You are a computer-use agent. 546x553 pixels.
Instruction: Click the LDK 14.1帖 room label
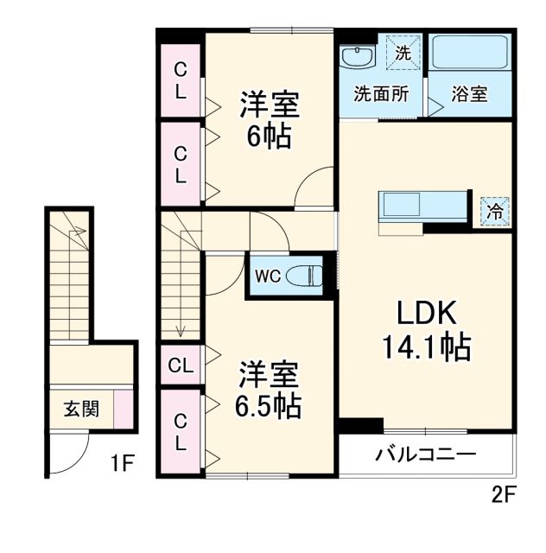424,331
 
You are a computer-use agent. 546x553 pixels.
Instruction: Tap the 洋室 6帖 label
269,121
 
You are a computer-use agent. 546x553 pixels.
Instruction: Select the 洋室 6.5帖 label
270,390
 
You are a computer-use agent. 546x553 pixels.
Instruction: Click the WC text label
266,277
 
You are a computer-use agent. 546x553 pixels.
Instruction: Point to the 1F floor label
122,465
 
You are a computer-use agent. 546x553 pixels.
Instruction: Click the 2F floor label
503,496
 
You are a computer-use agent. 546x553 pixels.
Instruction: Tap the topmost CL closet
181,80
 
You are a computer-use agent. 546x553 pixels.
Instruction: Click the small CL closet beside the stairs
181,364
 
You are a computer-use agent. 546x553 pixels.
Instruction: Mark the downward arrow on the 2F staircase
181,329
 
